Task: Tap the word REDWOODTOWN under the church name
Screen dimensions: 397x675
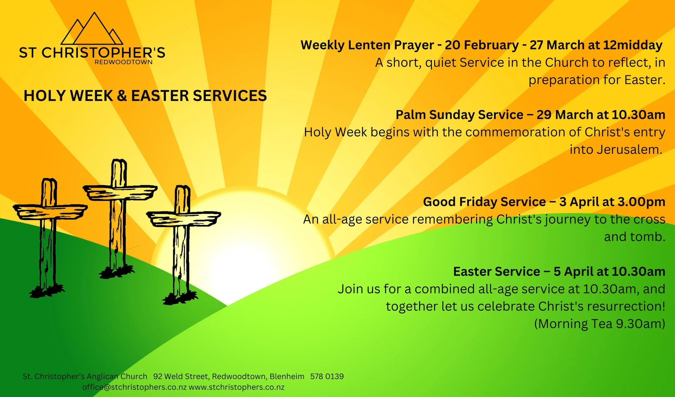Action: tap(123, 62)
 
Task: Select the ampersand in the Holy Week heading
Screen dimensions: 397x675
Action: tap(122, 96)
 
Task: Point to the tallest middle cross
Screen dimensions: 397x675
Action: tap(119, 213)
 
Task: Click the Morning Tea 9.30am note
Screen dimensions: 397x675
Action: tap(599, 324)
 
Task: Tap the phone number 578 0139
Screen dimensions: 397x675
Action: tap(327, 376)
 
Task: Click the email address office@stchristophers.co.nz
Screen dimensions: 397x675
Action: tap(134, 387)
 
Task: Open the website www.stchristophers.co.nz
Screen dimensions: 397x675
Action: tap(237, 387)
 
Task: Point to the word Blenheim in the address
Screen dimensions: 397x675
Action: tap(287, 376)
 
